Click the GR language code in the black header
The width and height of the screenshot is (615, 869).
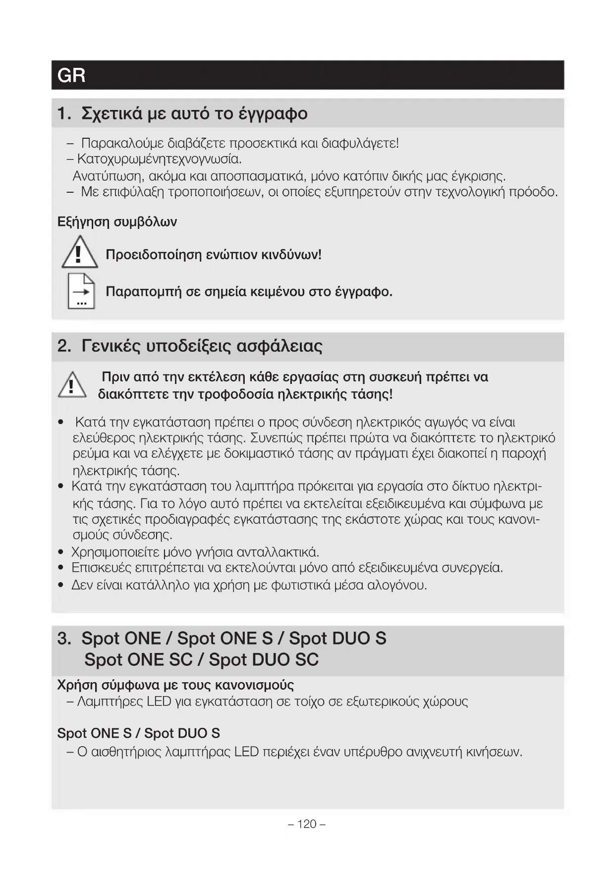[x=71, y=75]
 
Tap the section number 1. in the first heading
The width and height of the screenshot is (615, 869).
[x=64, y=113]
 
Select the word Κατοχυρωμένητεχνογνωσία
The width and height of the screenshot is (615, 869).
[x=160, y=160]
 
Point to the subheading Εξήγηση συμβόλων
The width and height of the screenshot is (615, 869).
[x=117, y=221]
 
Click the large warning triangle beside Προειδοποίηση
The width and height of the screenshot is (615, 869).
[x=79, y=253]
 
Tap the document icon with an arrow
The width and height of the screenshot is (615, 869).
[x=81, y=291]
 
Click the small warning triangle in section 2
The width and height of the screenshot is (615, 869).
[x=72, y=385]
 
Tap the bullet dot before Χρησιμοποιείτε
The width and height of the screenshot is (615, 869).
[x=61, y=552]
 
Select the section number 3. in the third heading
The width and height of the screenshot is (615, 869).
[x=64, y=638]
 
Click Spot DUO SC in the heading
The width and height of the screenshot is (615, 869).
[x=264, y=659]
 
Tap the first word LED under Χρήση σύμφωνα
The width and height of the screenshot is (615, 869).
[x=159, y=702]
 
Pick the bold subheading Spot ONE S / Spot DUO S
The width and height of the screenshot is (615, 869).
[x=138, y=733]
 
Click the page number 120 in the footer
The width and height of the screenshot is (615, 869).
[x=307, y=824]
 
